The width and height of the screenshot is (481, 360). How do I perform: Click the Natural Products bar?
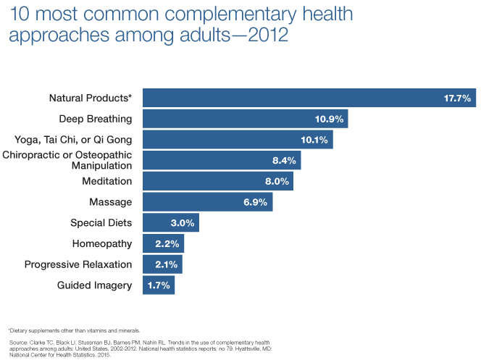tap(309, 98)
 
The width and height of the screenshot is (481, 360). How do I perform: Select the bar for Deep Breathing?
tap(245, 119)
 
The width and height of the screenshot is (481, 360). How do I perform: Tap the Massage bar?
tap(207, 202)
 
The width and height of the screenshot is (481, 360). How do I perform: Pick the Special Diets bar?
tap(170, 222)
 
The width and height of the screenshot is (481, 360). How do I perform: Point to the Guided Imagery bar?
tap(159, 285)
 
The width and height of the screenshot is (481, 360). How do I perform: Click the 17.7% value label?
tap(458, 98)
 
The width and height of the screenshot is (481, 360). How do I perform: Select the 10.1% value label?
tap(314, 140)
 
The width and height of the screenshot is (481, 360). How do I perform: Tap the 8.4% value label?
tap(283, 161)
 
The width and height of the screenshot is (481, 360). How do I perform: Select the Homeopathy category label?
tap(102, 243)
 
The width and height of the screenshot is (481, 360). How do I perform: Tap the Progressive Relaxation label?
tap(78, 264)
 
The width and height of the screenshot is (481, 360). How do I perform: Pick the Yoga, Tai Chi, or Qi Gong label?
tap(73, 140)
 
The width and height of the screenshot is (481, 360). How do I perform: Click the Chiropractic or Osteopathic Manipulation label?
tap(67, 161)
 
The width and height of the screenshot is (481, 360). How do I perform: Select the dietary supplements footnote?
tap(73, 330)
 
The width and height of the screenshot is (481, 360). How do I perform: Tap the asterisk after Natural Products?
tap(130, 96)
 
